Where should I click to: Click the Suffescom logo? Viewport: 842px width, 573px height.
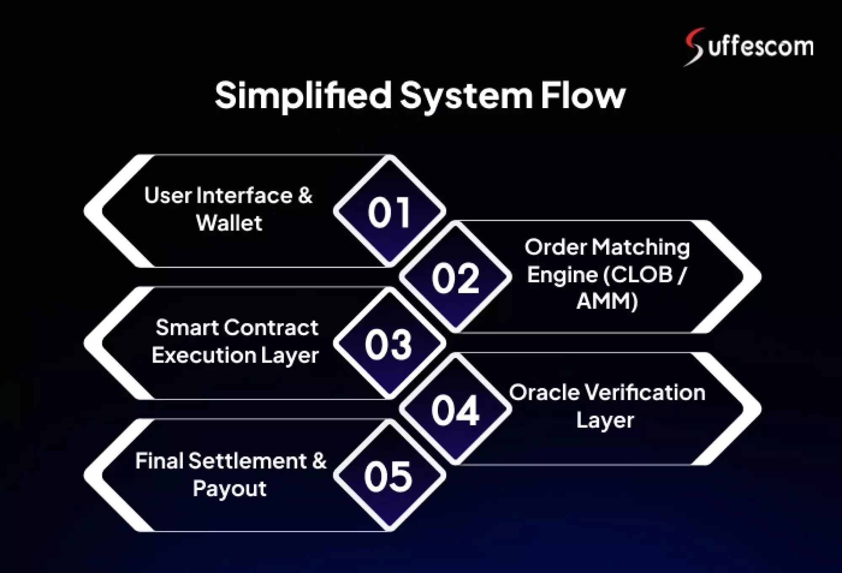(749, 46)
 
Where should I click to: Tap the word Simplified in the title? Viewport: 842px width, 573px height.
(303, 96)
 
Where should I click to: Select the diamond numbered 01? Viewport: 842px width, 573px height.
(389, 212)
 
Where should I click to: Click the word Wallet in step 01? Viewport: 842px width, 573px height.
(229, 223)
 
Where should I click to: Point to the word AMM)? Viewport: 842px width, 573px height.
(607, 301)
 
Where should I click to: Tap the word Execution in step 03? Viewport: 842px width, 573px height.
(204, 355)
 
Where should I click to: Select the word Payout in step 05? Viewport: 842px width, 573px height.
(229, 488)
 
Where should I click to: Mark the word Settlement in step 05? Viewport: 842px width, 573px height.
(248, 461)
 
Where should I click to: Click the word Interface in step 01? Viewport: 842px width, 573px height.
(245, 196)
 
